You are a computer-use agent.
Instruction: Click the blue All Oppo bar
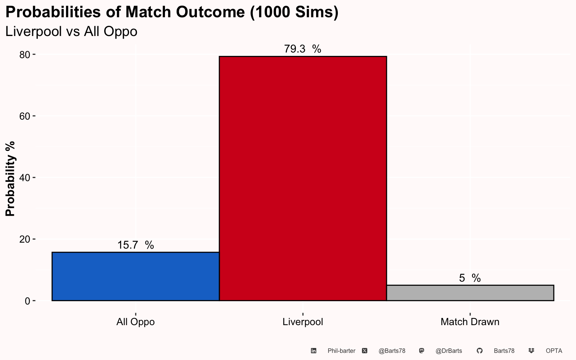[135, 276]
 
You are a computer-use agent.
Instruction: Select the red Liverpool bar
[303, 178]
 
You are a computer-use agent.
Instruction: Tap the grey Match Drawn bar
[470, 293]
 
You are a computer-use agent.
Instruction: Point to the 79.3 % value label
[303, 49]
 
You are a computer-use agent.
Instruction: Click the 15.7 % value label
[135, 245]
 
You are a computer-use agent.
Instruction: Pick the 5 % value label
[470, 278]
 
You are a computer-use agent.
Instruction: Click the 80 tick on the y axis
[25, 55]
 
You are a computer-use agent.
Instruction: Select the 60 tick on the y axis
[25, 116]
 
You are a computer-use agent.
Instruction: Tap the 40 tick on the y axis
[25, 178]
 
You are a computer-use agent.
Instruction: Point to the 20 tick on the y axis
[25, 239]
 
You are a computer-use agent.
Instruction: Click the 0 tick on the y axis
[27, 301]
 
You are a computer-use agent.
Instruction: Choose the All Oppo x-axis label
[135, 322]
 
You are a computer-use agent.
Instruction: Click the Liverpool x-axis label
[303, 322]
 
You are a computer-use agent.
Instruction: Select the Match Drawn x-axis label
[470, 322]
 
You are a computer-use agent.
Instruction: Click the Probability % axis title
[10, 179]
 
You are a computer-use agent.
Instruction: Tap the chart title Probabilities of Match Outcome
[172, 12]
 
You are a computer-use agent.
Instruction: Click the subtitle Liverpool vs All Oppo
[71, 31]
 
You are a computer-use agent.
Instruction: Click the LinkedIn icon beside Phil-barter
[313, 351]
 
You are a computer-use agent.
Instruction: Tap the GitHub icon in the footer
[479, 351]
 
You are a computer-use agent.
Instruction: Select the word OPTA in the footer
[554, 351]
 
